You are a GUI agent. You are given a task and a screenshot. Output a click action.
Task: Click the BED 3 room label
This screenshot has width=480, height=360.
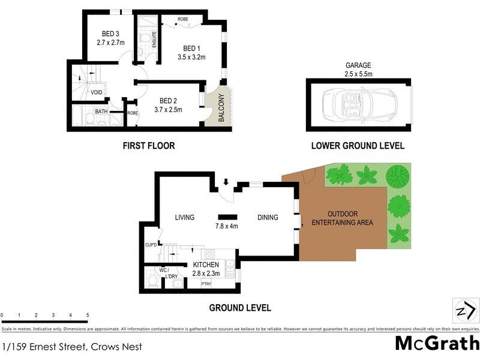pos(110,34)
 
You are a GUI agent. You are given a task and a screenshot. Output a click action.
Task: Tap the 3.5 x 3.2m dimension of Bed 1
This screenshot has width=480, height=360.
pos(191,58)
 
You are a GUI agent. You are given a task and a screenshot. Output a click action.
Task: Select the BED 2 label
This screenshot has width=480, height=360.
pos(168,101)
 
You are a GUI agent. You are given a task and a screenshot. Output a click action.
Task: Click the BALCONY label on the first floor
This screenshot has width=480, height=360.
pos(221,109)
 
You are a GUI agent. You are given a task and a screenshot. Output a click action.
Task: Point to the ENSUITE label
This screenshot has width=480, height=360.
pos(154,39)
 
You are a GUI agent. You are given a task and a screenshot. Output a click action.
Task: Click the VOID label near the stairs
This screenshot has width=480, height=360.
pos(96,92)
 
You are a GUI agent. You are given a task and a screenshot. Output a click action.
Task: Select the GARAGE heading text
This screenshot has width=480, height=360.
pos(359,65)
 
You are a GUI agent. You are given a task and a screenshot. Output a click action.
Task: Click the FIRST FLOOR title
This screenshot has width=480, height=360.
pos(148,145)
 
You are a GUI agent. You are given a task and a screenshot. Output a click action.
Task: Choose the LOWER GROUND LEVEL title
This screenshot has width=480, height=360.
pos(358,145)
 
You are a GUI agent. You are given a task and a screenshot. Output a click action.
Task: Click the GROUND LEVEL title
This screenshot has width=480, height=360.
pos(239,308)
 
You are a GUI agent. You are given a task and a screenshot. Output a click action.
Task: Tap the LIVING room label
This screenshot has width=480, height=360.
pos(185,217)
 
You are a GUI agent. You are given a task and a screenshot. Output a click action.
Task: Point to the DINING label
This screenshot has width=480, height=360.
pos(268,217)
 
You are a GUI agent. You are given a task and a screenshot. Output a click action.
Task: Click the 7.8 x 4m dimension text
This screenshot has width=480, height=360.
pos(227,226)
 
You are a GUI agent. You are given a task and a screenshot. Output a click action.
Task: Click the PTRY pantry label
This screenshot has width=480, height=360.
pos(206,283)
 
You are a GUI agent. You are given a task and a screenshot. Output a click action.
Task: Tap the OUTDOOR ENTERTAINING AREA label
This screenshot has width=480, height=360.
pos(343,218)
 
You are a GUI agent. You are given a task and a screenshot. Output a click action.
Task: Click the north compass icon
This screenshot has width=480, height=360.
pos(464,311)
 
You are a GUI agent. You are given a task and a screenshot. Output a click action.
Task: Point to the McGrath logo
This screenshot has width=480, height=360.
pos(437,343)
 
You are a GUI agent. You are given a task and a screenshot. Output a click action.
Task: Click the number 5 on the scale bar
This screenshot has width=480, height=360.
pos(88,315)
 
